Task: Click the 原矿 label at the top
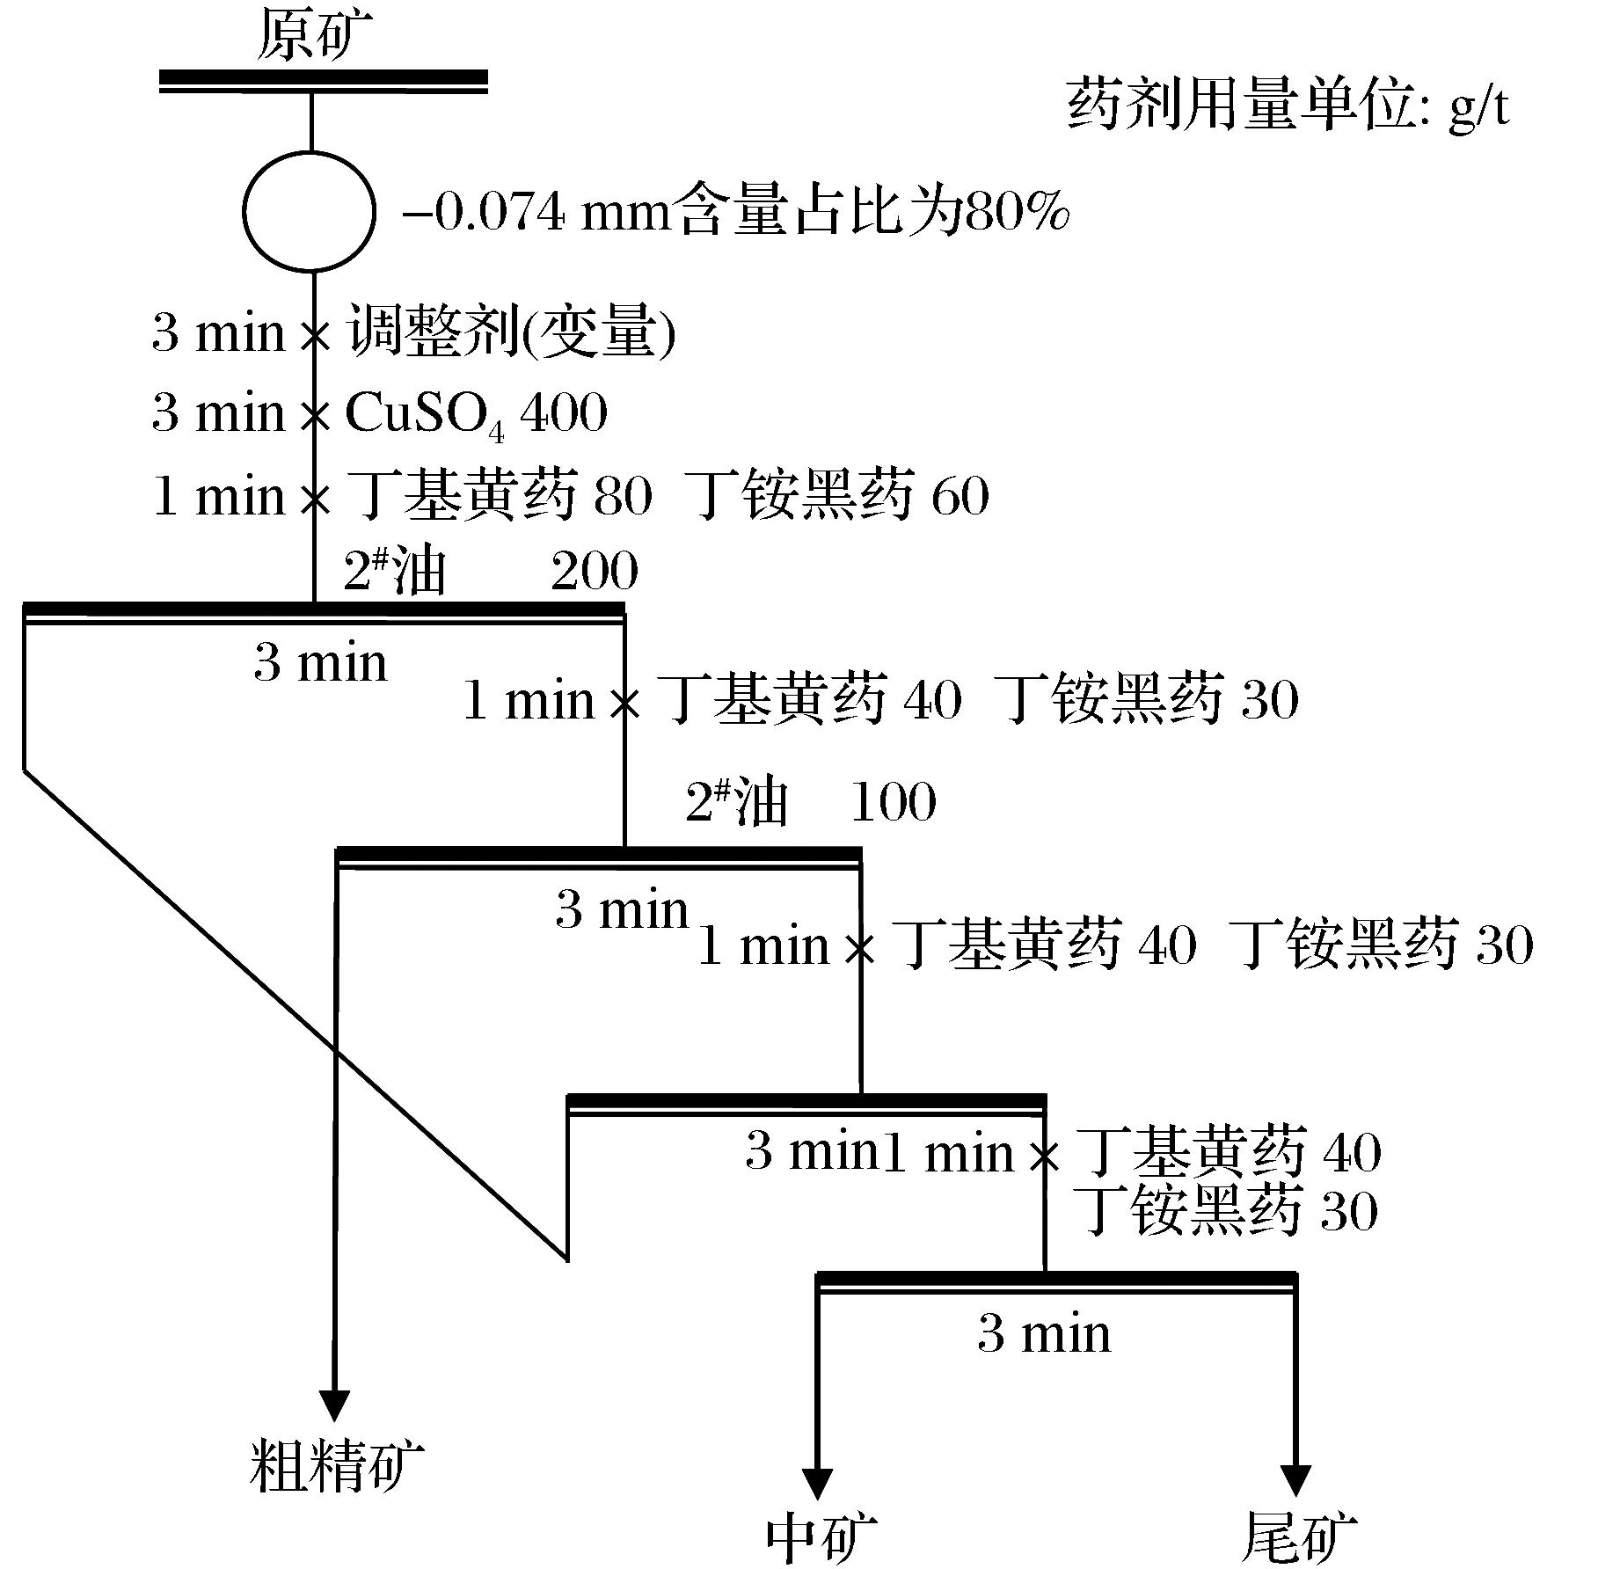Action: (x=314, y=37)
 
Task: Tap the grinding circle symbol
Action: (x=309, y=211)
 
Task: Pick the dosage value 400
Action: (x=564, y=412)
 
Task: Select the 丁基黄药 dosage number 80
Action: (x=623, y=495)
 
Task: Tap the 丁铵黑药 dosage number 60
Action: (x=960, y=495)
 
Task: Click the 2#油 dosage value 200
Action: (x=595, y=572)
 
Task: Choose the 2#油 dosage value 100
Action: (x=893, y=802)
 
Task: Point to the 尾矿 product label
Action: (x=1298, y=1537)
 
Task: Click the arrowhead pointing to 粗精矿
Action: (x=334, y=1404)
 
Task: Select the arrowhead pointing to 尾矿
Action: (x=1295, y=1479)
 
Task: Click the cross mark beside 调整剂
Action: (x=314, y=335)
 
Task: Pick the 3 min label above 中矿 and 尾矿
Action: (x=1044, y=1333)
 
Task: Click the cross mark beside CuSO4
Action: (x=314, y=414)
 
